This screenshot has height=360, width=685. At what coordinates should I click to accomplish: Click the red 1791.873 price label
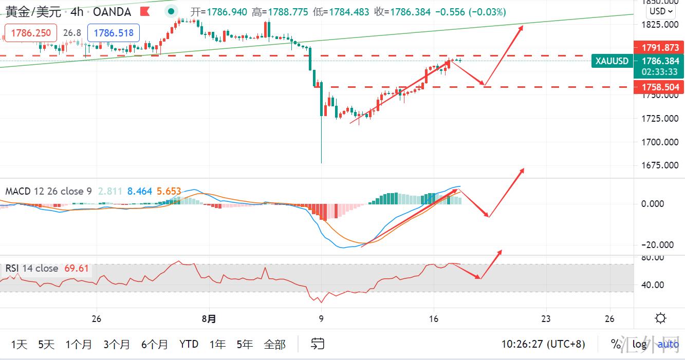[x=660, y=48]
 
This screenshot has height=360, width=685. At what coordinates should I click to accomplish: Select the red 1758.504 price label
[x=660, y=87]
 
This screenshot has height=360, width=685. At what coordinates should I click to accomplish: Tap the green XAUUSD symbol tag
[x=612, y=61]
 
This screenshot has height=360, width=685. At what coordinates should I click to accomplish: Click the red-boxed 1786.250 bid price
[x=31, y=33]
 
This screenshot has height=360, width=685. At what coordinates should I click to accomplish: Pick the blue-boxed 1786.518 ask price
[x=114, y=33]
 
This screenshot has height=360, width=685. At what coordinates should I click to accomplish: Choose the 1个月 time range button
[x=79, y=344]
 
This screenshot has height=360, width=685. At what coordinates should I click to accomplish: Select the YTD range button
[x=189, y=344]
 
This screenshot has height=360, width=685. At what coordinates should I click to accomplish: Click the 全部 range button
[x=274, y=344]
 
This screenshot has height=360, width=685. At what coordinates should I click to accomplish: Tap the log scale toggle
[x=639, y=344]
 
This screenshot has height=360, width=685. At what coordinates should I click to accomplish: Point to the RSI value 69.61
[x=77, y=268]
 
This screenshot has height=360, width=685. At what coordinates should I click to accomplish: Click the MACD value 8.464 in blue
[x=140, y=192]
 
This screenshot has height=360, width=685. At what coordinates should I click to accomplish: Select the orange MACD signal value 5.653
[x=169, y=192]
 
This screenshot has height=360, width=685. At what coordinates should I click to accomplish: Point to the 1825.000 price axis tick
[x=660, y=24]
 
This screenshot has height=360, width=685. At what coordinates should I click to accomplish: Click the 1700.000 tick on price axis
[x=660, y=142]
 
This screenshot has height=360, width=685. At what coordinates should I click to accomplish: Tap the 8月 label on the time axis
[x=209, y=319]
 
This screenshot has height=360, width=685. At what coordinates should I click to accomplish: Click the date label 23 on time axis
[x=546, y=319]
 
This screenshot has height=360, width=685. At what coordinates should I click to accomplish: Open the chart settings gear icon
[x=661, y=318]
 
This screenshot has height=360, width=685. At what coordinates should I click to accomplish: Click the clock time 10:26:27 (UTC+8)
[x=543, y=344]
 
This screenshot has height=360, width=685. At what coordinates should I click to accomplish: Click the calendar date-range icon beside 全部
[x=318, y=344]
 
